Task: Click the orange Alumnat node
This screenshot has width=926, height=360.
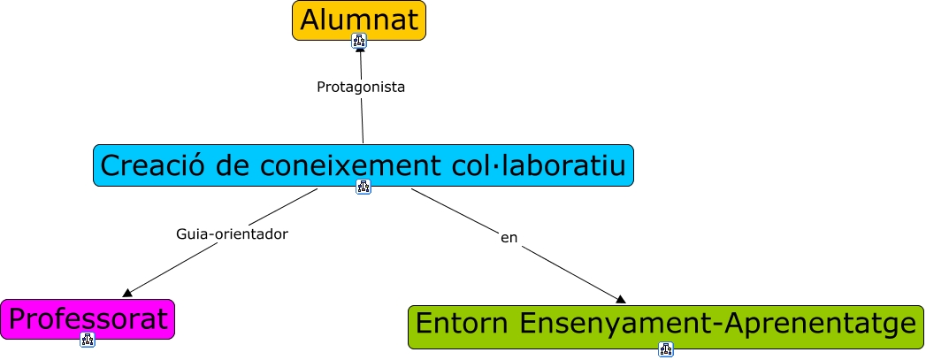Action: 359,20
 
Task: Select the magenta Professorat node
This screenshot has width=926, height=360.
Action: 88,319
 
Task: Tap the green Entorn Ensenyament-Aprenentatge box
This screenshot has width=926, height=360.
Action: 665,326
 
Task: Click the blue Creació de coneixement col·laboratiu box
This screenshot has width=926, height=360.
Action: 364,165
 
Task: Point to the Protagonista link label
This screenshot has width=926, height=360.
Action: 361,88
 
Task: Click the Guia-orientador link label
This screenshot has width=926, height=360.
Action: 233,234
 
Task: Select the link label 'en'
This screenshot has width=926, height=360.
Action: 509,237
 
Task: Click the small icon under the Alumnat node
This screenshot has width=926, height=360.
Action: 359,41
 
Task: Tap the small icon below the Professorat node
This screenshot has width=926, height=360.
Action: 88,340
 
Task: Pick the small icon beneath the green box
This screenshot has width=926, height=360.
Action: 666,349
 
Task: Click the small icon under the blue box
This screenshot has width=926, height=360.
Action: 364,187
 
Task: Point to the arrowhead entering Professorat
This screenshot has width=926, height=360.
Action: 127,293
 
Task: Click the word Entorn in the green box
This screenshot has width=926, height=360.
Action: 460,326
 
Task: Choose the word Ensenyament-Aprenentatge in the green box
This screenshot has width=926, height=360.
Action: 716,326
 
